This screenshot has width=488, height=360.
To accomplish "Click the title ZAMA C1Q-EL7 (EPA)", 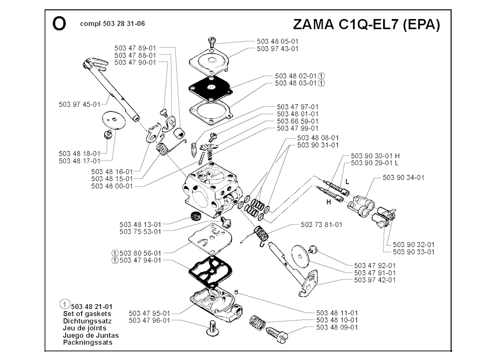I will point(366,25).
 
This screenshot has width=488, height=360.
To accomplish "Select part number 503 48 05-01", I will point(278,41).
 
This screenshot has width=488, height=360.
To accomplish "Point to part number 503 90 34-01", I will point(403,178).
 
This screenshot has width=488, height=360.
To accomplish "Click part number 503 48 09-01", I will point(337,328).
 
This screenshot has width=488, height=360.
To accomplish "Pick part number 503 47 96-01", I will point(149,320).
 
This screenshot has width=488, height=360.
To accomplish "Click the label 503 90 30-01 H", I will point(375,156).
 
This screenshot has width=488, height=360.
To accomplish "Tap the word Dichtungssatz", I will point(85,321).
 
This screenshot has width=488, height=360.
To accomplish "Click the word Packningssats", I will point(88,342).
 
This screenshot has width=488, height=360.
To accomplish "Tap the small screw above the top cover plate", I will point(213,41).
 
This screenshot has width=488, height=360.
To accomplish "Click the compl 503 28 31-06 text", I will point(113,24).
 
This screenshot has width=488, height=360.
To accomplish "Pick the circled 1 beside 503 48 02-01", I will point(322,76).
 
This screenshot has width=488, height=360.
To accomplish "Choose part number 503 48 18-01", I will point(80,154).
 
